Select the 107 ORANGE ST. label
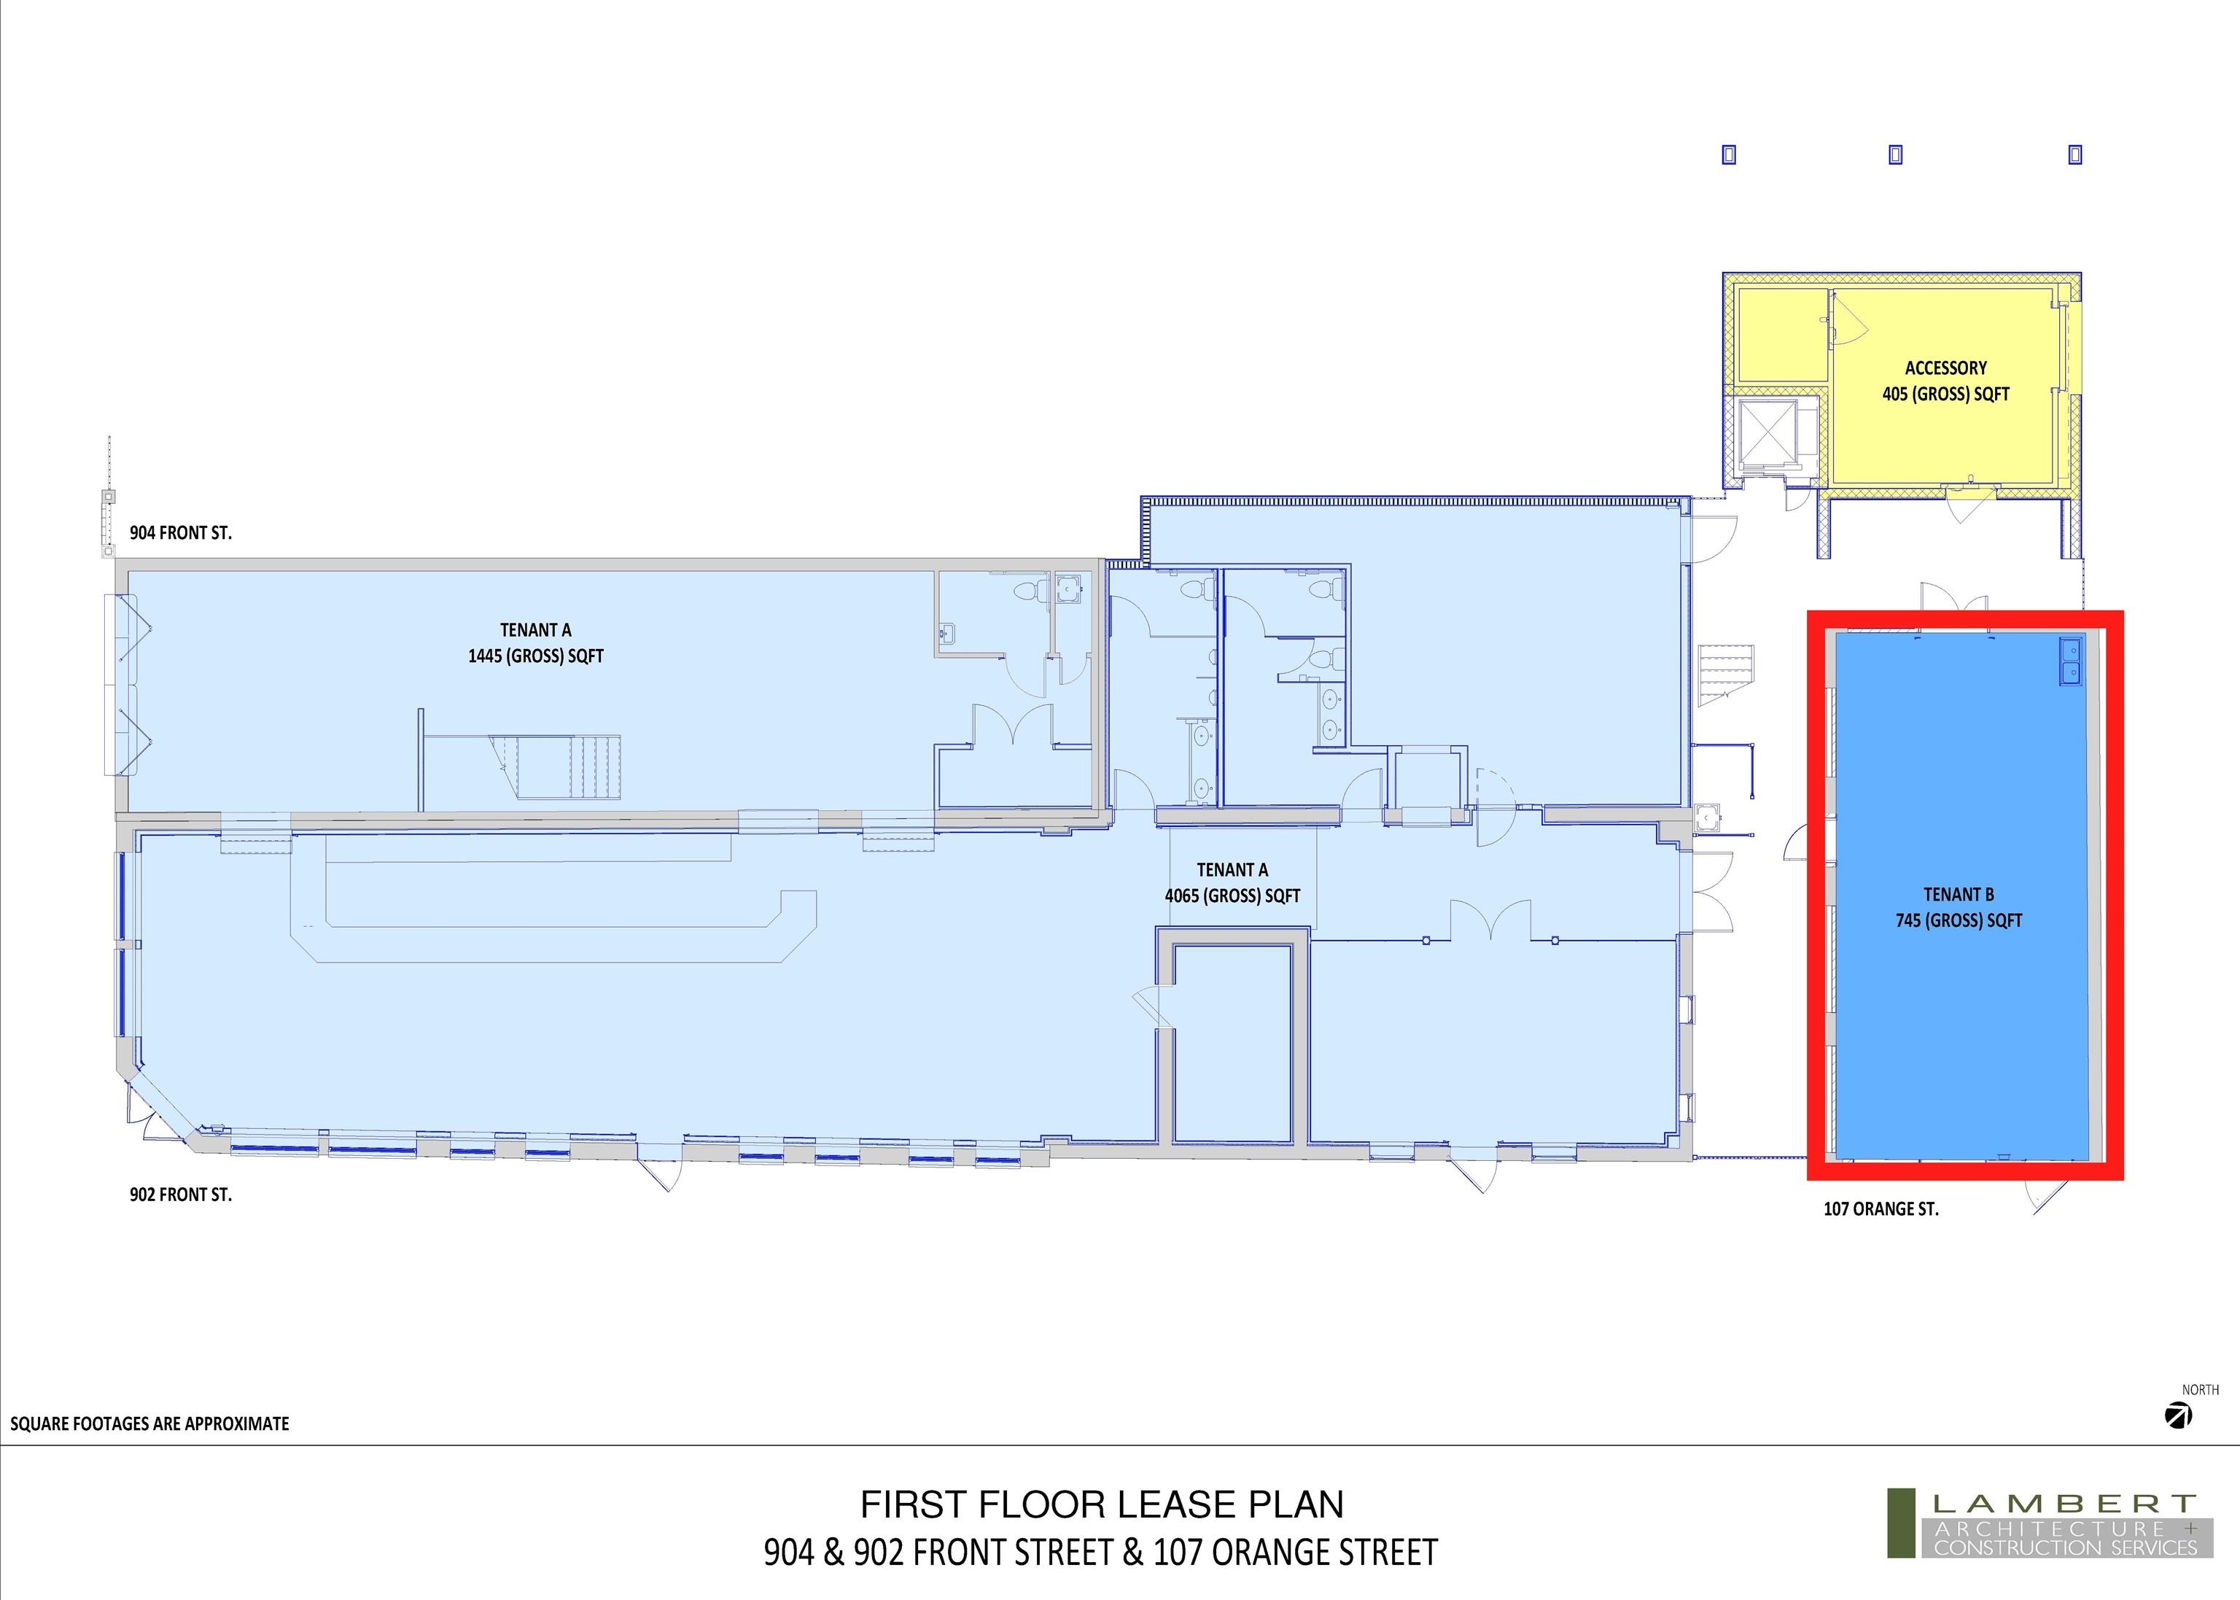[1881, 1209]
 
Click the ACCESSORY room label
[1945, 368]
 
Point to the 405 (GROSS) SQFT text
[1945, 394]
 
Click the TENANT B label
[1959, 895]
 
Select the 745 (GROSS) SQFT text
[1959, 920]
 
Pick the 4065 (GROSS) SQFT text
[1232, 896]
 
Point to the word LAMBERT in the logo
[2064, 1504]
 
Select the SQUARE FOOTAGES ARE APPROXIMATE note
[149, 1424]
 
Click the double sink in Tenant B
[2069, 661]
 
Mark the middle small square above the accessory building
[1895, 155]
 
